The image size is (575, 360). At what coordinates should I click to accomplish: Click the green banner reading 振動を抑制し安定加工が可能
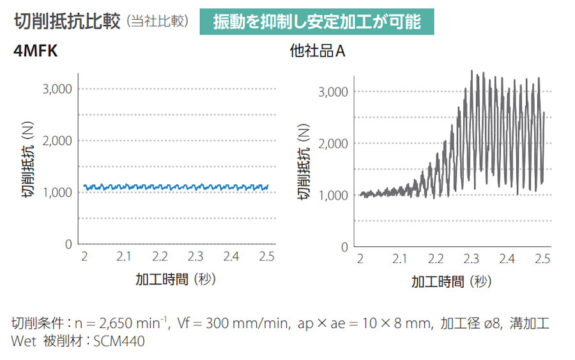click(x=318, y=22)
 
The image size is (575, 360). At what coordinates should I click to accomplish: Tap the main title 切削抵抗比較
click(x=68, y=21)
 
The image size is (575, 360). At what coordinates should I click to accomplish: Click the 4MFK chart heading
click(x=36, y=52)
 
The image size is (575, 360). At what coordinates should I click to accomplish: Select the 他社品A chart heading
click(x=318, y=52)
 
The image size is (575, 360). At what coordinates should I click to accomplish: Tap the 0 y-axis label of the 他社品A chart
click(x=344, y=247)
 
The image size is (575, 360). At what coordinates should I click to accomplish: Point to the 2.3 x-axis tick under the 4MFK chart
click(x=195, y=256)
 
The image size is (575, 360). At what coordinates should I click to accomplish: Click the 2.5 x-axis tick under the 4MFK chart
click(x=266, y=256)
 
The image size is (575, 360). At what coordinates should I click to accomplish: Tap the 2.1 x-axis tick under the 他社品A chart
click(x=399, y=259)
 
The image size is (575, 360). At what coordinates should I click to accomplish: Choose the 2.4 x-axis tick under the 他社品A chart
click(x=507, y=259)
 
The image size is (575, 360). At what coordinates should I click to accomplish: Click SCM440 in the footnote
click(x=119, y=341)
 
